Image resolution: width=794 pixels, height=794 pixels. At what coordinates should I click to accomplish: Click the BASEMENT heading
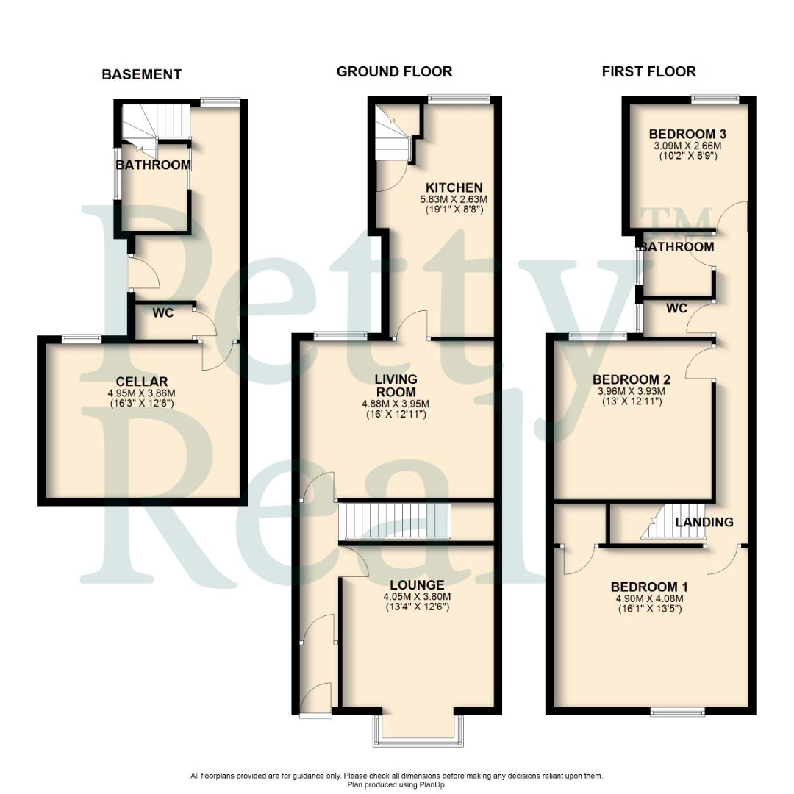pyautogui.click(x=141, y=74)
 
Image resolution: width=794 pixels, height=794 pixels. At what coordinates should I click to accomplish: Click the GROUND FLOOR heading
pyautogui.click(x=394, y=71)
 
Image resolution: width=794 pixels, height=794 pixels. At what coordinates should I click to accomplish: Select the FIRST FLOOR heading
pyautogui.click(x=648, y=71)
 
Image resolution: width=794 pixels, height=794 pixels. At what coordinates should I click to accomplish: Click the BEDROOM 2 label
pyautogui.click(x=632, y=379)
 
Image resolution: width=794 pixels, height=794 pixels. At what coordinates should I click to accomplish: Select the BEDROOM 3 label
pyautogui.click(x=687, y=134)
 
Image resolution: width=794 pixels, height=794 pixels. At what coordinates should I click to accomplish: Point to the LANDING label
pyautogui.click(x=704, y=522)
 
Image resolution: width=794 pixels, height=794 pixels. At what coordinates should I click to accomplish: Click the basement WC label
pyautogui.click(x=163, y=313)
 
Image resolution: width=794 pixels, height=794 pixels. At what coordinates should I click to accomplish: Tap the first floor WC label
pyautogui.click(x=676, y=308)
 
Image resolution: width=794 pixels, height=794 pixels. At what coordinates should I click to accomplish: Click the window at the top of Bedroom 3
pyautogui.click(x=715, y=98)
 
